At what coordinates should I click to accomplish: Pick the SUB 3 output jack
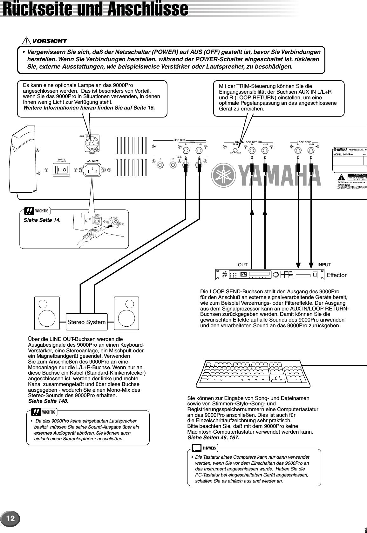[173, 165]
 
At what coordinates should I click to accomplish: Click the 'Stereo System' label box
[86, 322]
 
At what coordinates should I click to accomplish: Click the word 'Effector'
[336, 275]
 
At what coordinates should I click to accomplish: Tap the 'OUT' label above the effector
[243, 265]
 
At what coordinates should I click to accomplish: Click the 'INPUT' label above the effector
[324, 265]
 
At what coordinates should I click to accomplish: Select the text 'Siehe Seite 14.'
[42, 220]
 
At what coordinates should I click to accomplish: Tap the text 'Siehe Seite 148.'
[48, 401]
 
